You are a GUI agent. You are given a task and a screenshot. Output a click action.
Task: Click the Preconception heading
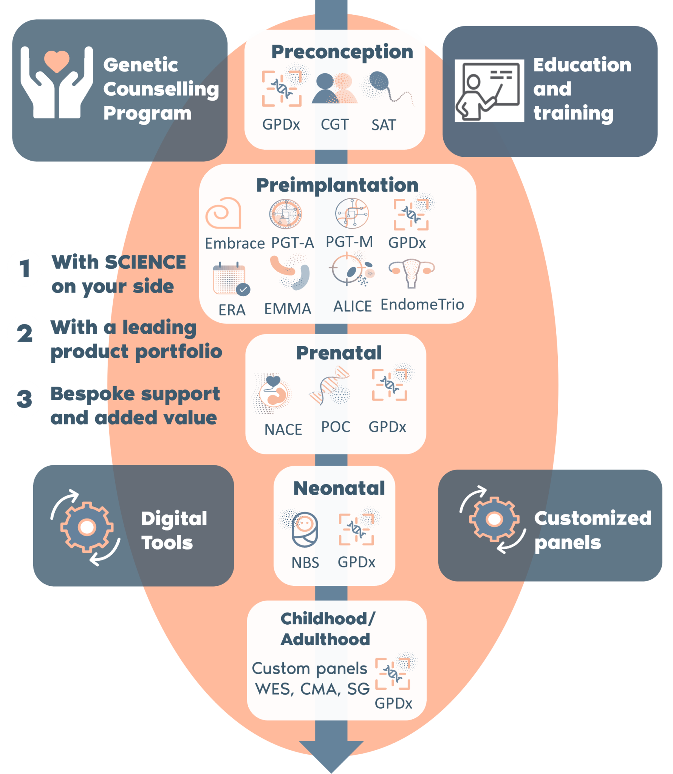(342, 52)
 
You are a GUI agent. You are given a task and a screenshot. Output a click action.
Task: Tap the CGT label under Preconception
(334, 124)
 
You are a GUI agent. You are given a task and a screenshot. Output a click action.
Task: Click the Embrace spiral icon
(223, 213)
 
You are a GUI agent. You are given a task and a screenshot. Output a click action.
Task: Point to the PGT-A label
(292, 243)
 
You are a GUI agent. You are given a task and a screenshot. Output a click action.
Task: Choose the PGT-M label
(349, 242)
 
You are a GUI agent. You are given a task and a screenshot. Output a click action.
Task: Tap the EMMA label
(288, 309)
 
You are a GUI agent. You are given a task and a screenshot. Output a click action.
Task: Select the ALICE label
(352, 306)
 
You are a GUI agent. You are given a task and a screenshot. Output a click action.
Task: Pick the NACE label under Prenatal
(283, 429)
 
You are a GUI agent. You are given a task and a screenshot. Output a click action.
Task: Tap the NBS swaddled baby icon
(305, 529)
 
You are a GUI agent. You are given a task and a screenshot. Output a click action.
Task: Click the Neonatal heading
(339, 488)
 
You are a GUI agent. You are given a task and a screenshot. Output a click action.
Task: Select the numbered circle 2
(25, 333)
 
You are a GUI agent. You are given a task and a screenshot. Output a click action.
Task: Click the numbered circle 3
(25, 399)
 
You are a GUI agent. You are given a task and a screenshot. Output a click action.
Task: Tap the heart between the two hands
(57, 61)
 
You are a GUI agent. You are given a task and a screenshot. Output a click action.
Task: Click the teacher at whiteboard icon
(489, 91)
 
